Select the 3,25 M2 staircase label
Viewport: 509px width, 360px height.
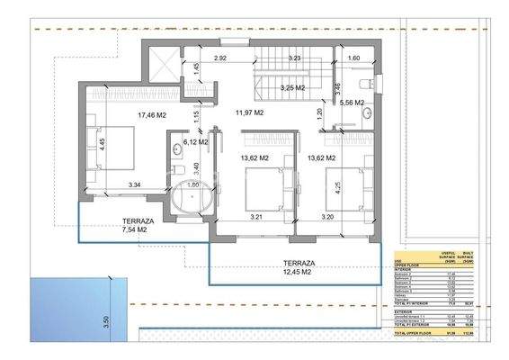tap(293, 88)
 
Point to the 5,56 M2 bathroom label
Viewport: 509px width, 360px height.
tap(352, 103)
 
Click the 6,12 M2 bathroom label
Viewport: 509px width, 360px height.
tap(195, 141)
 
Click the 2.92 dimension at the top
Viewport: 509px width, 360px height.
tap(219, 58)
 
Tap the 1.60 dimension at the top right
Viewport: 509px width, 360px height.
tap(353, 59)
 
